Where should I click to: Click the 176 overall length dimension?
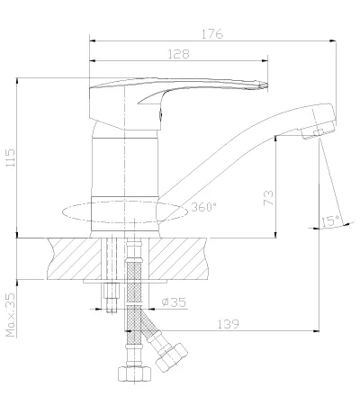[x=212, y=34]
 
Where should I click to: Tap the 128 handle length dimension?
[x=178, y=54]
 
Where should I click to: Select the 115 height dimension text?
[x=10, y=157]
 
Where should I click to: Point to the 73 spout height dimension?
[x=268, y=198]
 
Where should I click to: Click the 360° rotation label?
[x=203, y=207]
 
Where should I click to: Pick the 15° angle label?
[x=330, y=221]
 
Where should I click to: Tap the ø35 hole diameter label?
[x=174, y=301]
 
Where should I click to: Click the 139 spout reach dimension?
[x=228, y=324]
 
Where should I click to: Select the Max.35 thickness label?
[x=10, y=315]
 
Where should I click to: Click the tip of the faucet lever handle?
[x=266, y=85]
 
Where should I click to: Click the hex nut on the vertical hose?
[x=134, y=373]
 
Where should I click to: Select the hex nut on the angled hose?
[x=171, y=357]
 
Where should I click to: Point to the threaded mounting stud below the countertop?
[x=112, y=298]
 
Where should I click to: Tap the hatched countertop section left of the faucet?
[x=75, y=258]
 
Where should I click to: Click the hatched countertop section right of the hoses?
[x=178, y=258]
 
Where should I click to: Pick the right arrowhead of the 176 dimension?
[x=332, y=40]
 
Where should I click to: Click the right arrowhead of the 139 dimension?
[x=316, y=331]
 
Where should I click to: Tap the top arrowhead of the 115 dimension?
[x=17, y=81]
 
